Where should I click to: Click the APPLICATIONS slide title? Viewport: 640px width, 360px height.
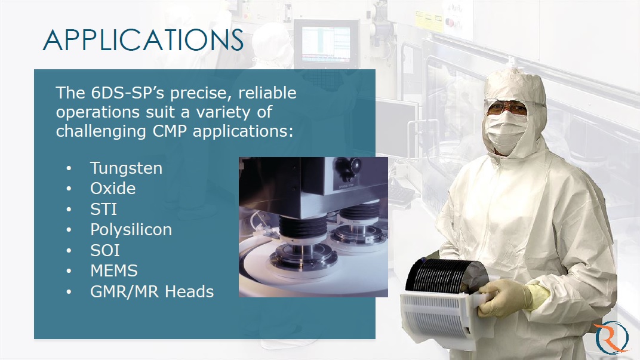[143, 40]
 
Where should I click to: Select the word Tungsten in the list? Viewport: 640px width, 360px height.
[126, 168]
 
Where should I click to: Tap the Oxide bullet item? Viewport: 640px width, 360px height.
[113, 189]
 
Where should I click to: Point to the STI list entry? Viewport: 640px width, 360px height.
[103, 210]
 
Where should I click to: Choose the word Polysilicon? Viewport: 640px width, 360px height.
[131, 230]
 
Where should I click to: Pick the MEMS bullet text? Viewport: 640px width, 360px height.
[114, 271]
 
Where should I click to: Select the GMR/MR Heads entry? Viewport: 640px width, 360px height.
[152, 292]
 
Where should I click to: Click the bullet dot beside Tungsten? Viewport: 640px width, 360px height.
[69, 168]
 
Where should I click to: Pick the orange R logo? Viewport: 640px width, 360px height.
[611, 337]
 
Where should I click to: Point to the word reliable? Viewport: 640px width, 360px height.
[267, 93]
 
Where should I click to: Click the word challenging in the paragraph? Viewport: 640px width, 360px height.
[101, 131]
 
